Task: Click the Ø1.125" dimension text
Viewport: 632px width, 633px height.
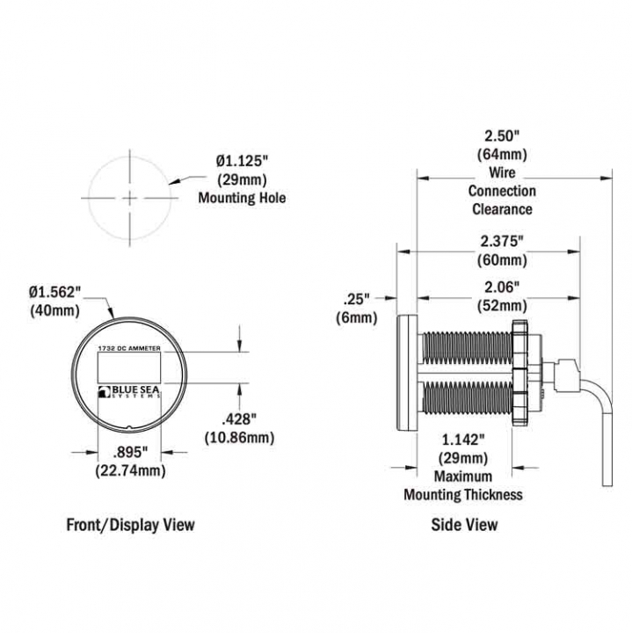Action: point(242,162)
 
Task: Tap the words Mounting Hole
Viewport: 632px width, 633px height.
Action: point(242,198)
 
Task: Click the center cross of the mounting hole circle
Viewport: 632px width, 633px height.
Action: point(129,198)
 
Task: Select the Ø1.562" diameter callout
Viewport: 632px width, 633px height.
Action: point(54,292)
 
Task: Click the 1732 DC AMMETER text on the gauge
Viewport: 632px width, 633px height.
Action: point(129,348)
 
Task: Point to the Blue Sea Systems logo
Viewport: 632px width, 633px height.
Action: point(129,391)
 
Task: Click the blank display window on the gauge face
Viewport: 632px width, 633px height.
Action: point(129,367)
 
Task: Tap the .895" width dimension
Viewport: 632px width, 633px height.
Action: point(128,453)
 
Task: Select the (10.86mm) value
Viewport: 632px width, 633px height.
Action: point(240,438)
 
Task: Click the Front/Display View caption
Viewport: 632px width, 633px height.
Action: point(130,525)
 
